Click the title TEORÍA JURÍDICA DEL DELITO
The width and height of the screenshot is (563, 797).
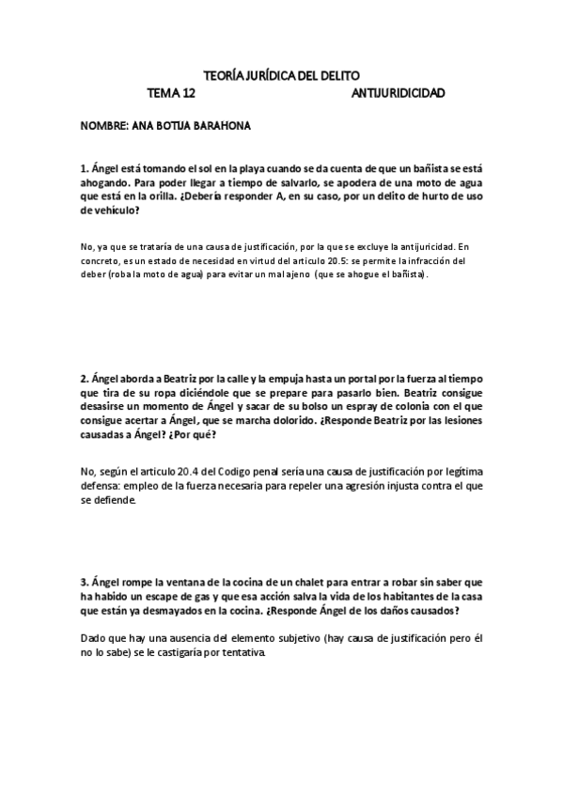pyautogui.click(x=281, y=75)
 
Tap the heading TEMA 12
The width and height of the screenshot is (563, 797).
pyautogui.click(x=173, y=94)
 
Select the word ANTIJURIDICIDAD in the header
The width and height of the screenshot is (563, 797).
pyautogui.click(x=398, y=94)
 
